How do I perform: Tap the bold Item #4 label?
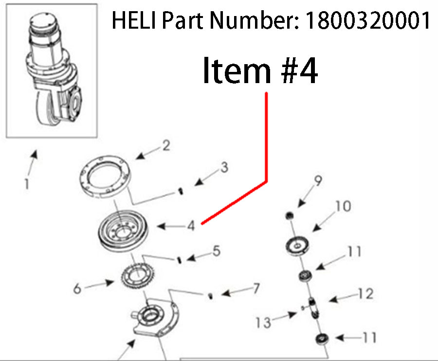click(260, 71)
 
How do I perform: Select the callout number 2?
click(166, 145)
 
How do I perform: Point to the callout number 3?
click(223, 168)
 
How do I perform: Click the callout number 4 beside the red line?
click(191, 225)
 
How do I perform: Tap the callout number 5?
click(216, 251)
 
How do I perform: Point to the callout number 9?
click(317, 182)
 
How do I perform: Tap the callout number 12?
click(365, 293)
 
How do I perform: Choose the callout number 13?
click(264, 322)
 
